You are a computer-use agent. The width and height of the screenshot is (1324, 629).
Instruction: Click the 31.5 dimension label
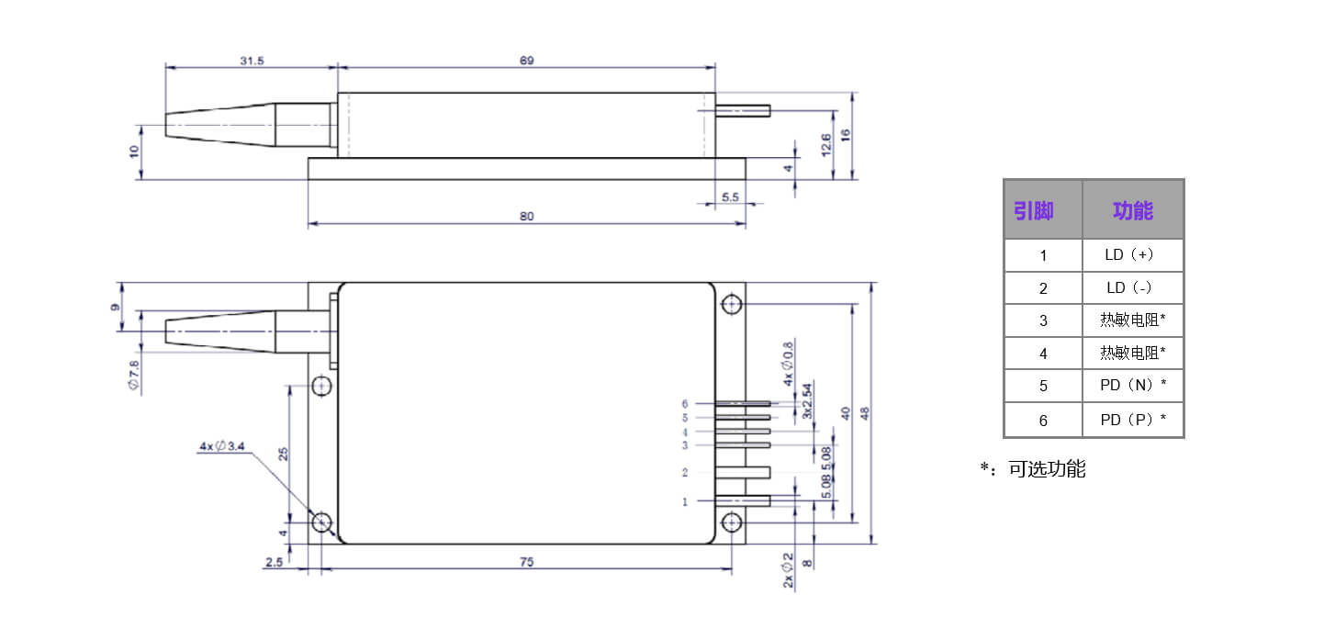(x=252, y=61)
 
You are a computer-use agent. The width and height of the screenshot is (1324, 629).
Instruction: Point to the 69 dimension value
(x=527, y=61)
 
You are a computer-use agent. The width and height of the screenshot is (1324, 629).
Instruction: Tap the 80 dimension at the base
(x=527, y=217)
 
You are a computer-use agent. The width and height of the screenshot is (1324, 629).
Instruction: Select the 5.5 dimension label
(x=730, y=197)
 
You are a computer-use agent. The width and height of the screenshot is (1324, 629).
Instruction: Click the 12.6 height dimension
(x=825, y=145)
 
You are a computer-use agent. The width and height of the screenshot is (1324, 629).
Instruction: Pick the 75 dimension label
(x=527, y=562)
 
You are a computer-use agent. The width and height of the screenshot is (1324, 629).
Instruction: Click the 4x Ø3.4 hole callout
(x=221, y=445)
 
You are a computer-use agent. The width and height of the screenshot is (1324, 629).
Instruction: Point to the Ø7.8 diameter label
(x=134, y=375)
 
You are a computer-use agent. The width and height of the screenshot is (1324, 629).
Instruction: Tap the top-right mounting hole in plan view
(x=732, y=305)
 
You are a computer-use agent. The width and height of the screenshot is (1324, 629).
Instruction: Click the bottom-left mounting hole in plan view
(x=321, y=522)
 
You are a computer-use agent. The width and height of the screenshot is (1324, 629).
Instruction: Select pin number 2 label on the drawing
(x=684, y=472)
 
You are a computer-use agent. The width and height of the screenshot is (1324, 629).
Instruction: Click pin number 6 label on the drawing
(x=684, y=404)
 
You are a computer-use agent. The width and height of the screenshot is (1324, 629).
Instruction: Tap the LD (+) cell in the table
(x=1129, y=254)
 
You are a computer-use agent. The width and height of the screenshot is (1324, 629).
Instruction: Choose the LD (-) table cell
(x=1129, y=288)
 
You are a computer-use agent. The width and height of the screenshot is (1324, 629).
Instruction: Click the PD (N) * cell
(x=1133, y=386)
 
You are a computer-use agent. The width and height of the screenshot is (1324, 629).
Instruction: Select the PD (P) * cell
(x=1133, y=420)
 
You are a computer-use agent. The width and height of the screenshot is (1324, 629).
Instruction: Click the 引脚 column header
(x=1034, y=210)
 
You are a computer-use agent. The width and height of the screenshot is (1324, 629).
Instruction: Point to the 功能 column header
(x=1133, y=210)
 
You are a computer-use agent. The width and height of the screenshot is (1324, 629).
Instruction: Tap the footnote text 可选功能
(x=1047, y=469)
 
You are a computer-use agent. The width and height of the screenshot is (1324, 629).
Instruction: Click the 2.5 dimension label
(x=274, y=562)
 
